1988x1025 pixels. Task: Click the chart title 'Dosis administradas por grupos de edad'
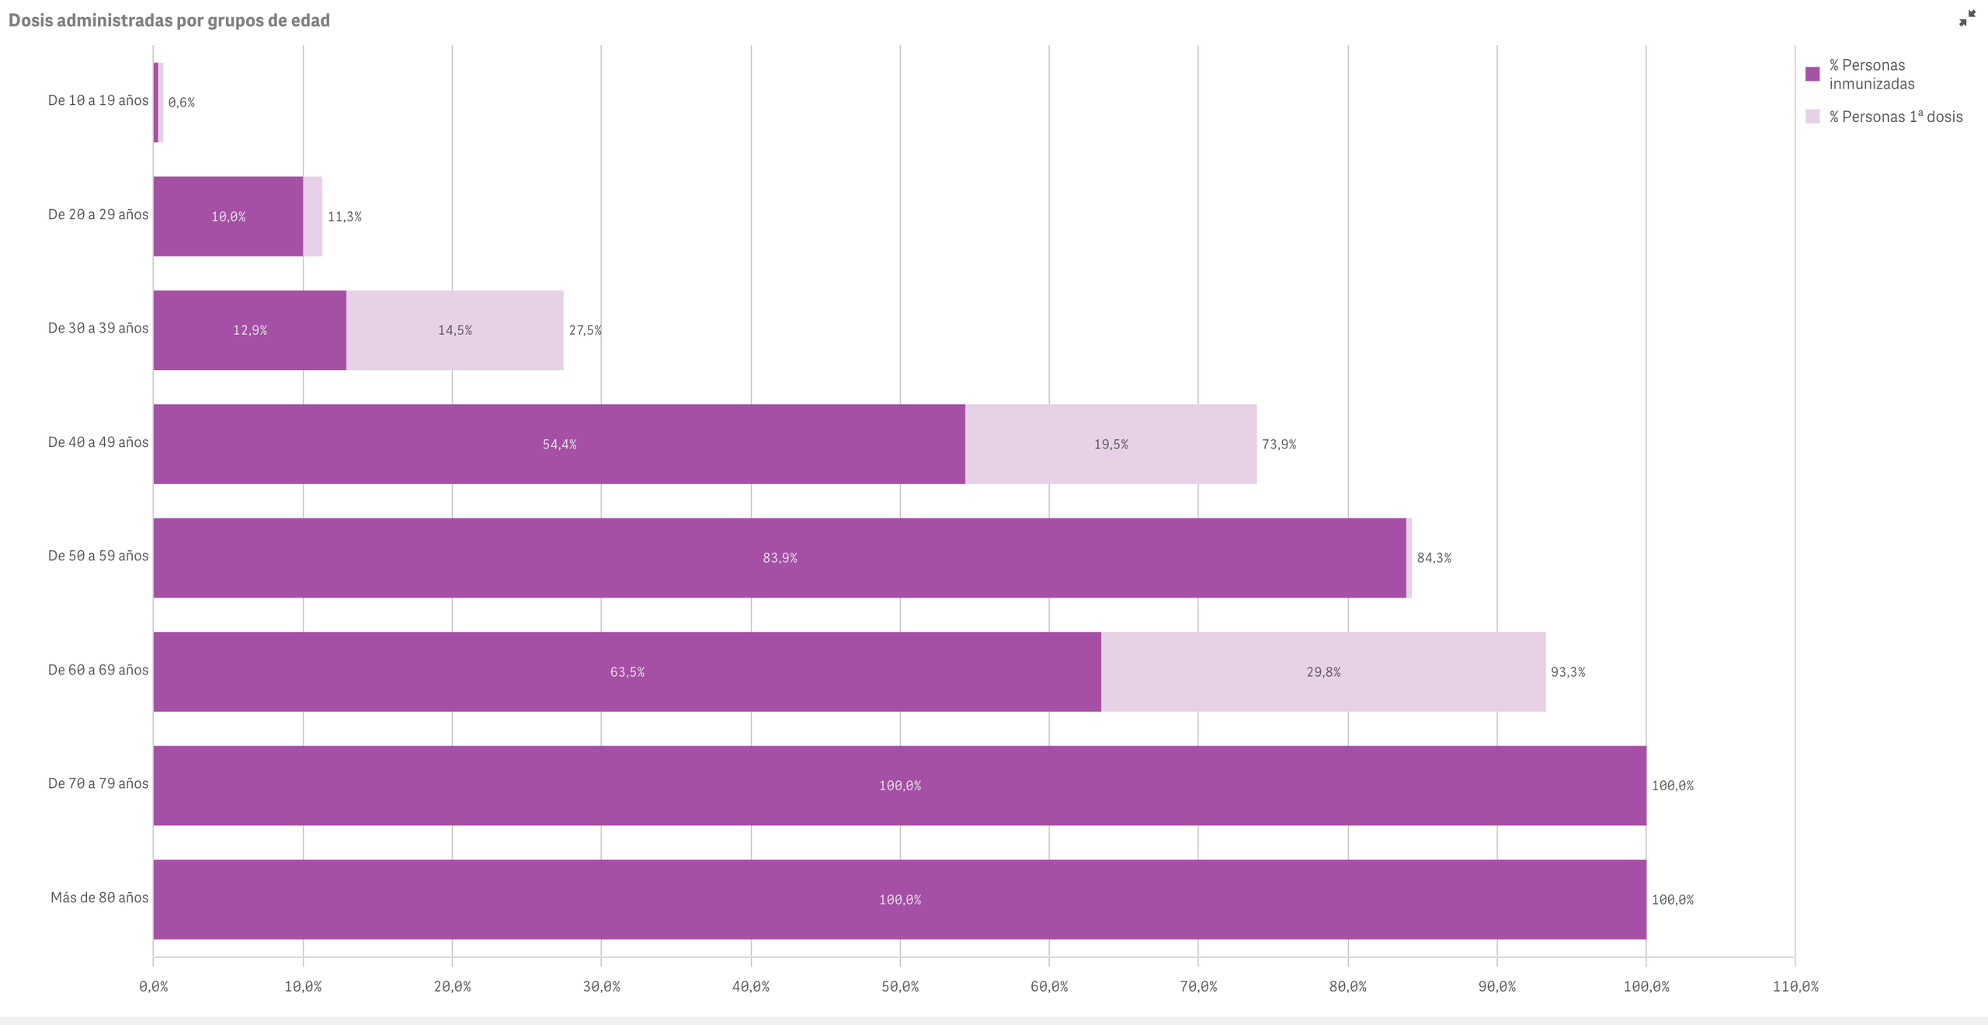point(169,20)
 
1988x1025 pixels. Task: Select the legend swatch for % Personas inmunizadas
point(1812,74)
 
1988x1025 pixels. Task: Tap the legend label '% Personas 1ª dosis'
point(1896,117)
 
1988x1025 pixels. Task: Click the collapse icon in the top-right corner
point(1967,19)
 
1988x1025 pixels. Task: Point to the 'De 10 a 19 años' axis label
point(98,100)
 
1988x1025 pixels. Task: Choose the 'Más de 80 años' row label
point(99,898)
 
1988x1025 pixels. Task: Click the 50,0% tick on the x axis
point(900,986)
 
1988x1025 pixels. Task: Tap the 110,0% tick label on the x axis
point(1795,986)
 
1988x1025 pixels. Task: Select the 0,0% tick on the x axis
point(154,986)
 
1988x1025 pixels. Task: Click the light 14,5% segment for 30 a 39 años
point(455,330)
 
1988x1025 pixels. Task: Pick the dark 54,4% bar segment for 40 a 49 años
point(559,444)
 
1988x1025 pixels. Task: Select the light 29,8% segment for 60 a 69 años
point(1323,671)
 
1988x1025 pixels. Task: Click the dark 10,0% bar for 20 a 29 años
point(228,216)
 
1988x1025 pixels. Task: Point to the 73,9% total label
point(1279,445)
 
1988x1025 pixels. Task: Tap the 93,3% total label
point(1568,672)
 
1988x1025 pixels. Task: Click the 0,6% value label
point(182,103)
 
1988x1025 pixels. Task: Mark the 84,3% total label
point(1434,558)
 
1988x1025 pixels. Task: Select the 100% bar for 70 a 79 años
point(899,786)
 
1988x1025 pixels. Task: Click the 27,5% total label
point(585,330)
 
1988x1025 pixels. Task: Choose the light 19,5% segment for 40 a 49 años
point(1110,444)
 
